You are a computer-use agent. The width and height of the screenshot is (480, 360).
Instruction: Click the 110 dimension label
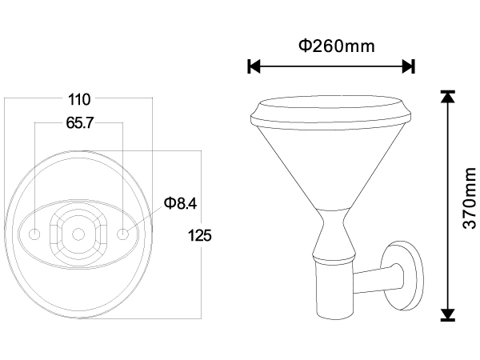coord(79,99)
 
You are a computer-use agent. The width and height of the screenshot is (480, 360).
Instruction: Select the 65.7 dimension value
coord(79,122)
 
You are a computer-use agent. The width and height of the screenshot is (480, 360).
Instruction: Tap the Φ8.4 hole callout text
coord(180,203)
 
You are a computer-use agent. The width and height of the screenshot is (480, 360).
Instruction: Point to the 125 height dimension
coord(199,235)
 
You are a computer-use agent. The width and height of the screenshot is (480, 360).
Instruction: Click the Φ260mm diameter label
coord(337,46)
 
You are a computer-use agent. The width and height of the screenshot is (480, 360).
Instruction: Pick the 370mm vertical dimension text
coord(470,198)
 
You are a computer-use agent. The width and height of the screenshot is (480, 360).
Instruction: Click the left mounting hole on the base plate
coord(34,234)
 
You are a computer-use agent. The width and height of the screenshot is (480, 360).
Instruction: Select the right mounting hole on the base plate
coord(122,234)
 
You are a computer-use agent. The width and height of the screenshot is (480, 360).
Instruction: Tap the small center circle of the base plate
coord(78,234)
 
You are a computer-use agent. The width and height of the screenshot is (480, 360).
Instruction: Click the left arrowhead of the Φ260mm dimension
coord(254,66)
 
